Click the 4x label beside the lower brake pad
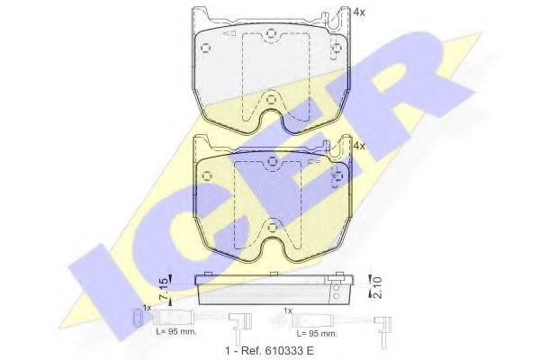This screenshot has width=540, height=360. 360,145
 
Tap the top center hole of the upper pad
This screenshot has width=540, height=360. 271,35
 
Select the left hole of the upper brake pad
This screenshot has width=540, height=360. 206,48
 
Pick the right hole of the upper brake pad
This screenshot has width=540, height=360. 336,48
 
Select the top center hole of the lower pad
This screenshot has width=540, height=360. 271,162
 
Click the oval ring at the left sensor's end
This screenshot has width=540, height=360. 136,318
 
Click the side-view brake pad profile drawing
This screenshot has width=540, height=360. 271,289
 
